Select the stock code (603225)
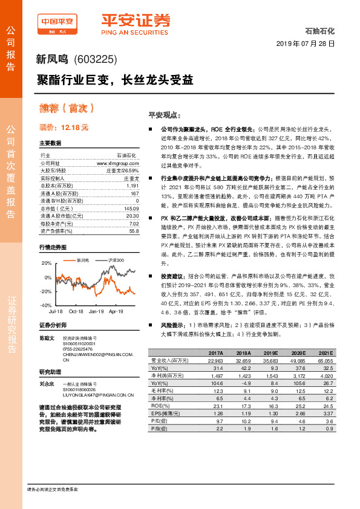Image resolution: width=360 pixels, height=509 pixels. coord(95,59)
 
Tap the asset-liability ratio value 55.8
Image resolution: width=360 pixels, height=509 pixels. coord(134,231)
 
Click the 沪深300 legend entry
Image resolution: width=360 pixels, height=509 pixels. coord(116,260)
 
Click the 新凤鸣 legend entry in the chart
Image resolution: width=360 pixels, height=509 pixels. coord(83,260)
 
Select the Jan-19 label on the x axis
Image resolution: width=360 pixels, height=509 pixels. coord(96,311)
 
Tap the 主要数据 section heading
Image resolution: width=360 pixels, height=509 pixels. coord(50,143)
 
